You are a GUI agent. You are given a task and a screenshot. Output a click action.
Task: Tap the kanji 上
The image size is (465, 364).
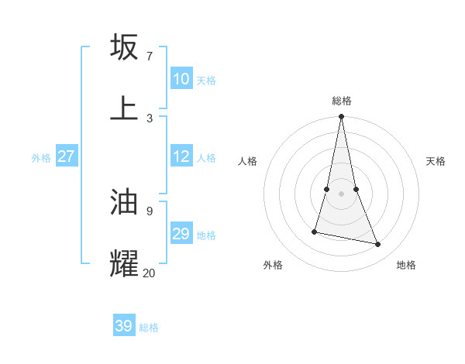point(124,108)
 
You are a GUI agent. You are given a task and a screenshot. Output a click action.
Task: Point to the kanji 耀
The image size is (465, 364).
point(124,263)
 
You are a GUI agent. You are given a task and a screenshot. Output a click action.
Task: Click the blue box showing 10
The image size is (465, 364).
point(181,79)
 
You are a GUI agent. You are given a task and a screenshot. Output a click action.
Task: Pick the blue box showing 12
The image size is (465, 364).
point(181,156)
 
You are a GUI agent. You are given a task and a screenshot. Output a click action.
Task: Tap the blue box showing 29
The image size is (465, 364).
point(181,234)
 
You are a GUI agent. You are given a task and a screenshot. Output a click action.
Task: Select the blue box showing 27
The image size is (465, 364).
point(67,156)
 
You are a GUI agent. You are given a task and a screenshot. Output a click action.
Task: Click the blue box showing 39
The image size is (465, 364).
point(123,326)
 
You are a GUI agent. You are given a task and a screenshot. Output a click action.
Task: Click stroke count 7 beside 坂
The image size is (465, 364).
point(149,56)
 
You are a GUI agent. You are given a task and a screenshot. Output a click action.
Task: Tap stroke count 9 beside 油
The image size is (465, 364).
point(149,211)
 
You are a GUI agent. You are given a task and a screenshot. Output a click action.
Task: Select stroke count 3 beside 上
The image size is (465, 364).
point(149,118)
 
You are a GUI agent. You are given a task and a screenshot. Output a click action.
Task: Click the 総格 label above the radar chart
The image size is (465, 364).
point(342,101)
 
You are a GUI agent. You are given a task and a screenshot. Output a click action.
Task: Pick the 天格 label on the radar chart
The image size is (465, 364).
point(436,161)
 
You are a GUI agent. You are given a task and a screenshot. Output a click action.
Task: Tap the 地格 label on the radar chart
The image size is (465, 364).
point(406,265)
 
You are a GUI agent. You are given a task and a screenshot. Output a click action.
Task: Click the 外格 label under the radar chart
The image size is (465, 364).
point(273,265)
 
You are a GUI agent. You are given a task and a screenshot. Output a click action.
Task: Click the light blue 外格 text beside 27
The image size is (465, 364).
point(41,158)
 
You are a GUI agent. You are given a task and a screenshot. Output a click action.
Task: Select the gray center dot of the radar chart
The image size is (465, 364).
point(342,193)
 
